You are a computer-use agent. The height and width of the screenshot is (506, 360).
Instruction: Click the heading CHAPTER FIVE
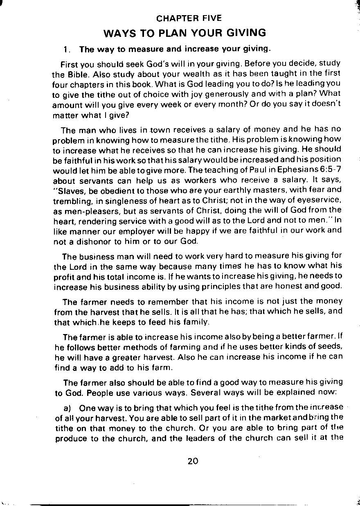coord(189,18)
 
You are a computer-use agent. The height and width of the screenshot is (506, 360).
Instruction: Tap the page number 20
coord(193,461)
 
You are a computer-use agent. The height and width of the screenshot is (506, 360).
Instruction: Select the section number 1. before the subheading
coord(68,50)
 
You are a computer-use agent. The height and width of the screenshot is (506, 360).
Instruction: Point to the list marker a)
coord(67,408)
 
